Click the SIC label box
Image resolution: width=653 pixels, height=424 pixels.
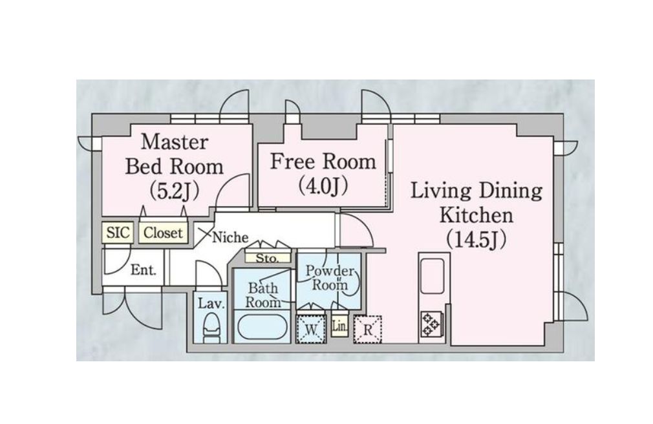pyautogui.click(x=118, y=233)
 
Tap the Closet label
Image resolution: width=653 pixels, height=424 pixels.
pyautogui.click(x=163, y=233)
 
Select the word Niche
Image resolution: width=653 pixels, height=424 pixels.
pyautogui.click(x=230, y=237)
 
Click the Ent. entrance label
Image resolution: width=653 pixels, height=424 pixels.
pyautogui.click(x=144, y=270)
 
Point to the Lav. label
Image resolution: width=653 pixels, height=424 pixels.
pyautogui.click(x=211, y=303)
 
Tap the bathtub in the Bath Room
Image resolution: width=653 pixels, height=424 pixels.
pyautogui.click(x=262, y=328)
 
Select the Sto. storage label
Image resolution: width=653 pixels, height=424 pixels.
pyautogui.click(x=267, y=259)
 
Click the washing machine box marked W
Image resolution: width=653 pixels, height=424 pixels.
pyautogui.click(x=311, y=330)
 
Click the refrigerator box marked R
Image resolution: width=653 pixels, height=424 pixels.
pyautogui.click(x=367, y=330)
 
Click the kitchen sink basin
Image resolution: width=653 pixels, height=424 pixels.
pyautogui.click(x=433, y=276)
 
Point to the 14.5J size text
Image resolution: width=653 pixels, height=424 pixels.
pyautogui.click(x=476, y=240)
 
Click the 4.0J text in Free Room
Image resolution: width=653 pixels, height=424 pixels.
pyautogui.click(x=323, y=185)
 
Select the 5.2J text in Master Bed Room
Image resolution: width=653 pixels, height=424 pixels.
pyautogui.click(x=174, y=191)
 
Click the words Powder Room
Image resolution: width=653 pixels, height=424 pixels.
pyautogui.click(x=330, y=278)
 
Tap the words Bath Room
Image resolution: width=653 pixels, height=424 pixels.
pyautogui.click(x=262, y=295)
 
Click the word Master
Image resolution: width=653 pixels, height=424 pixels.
pyautogui.click(x=174, y=142)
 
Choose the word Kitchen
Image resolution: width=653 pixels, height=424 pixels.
pyautogui.click(x=476, y=216)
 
